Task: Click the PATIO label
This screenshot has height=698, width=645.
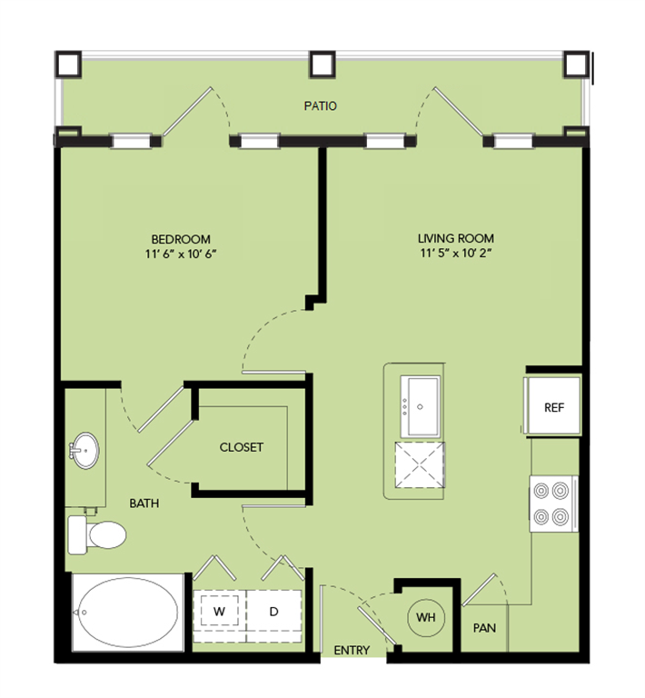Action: coord(320,106)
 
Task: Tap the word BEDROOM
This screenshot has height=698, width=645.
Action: coord(182,239)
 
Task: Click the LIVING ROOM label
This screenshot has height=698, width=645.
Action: coord(457,239)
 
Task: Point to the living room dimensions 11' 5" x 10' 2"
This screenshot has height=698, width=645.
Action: coord(457,254)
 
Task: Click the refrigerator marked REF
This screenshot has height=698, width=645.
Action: coord(553,406)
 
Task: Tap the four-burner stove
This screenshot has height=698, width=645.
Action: coord(552,504)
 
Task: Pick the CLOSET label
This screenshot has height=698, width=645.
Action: coord(242,447)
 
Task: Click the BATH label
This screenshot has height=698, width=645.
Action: coord(144,502)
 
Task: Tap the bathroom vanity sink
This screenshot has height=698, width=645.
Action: coord(85,451)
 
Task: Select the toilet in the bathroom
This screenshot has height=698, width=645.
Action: coord(98,534)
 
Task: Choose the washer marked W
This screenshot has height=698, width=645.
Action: coord(219,612)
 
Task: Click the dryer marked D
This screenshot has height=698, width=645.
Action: coord(273,612)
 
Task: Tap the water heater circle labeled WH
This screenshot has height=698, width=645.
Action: coord(426,618)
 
